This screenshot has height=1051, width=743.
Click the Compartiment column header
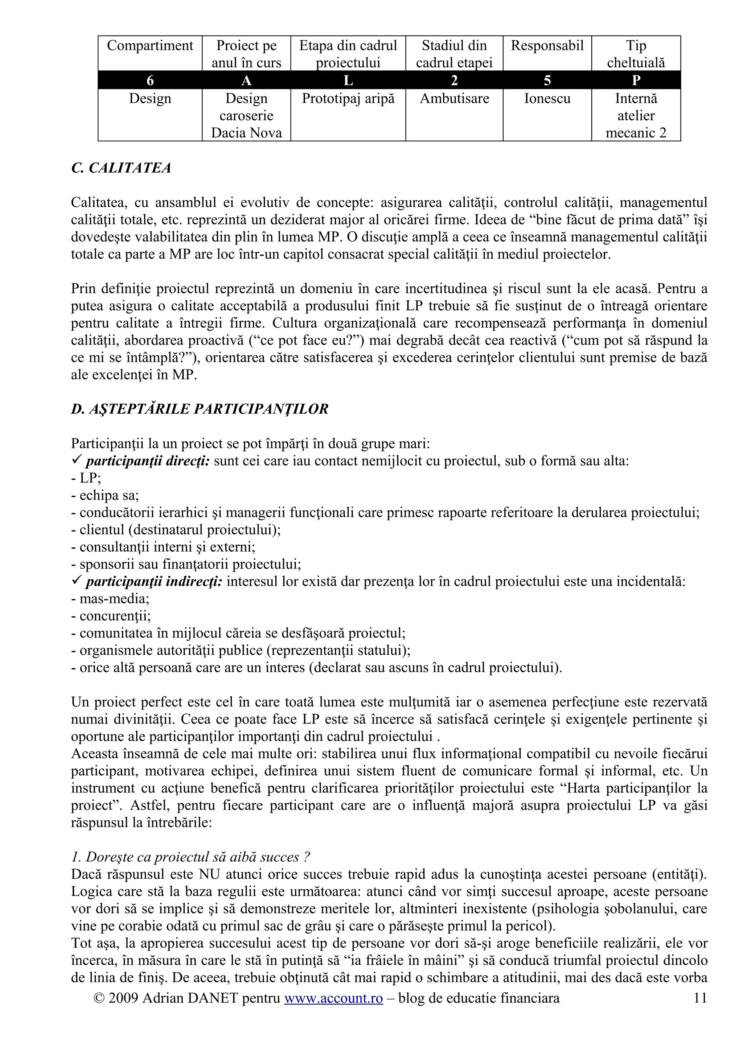coord(150,46)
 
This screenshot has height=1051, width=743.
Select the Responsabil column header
coord(547,46)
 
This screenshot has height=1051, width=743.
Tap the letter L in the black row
coord(348,81)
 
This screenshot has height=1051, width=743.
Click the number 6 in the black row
coord(150,81)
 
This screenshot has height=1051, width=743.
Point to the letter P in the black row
coord(636,81)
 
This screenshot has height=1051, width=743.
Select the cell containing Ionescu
coord(547,98)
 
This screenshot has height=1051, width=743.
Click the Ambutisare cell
coord(454,98)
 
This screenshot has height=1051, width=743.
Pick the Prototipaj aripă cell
coord(348,98)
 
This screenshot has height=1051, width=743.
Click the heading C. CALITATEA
coord(121,168)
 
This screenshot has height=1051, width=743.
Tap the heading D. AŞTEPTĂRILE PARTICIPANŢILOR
coord(200,409)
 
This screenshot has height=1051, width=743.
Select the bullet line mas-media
coord(110,599)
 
